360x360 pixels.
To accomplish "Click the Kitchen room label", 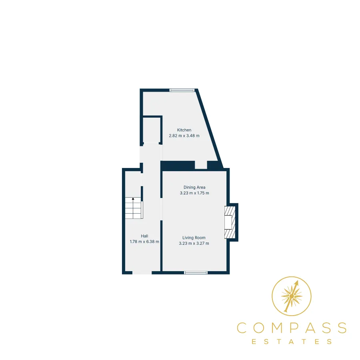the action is click(184, 130).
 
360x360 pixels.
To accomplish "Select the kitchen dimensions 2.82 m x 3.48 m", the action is click(184, 136).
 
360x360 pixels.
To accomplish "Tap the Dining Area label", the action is click(194, 187).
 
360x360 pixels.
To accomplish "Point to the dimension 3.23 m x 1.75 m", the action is click(194, 193).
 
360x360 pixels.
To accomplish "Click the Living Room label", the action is click(194, 238).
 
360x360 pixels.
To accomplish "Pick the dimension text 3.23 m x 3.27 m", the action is click(194, 243).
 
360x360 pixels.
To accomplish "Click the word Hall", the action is click(144, 236).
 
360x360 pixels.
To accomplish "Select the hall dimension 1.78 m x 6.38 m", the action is click(144, 242).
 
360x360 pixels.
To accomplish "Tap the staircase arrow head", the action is click(133, 199).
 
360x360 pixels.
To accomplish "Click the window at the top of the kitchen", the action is click(182, 90).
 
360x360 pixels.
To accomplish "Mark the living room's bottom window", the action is click(196, 272).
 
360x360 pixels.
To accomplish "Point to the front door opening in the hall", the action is click(142, 272).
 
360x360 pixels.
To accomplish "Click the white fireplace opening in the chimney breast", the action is click(228, 222).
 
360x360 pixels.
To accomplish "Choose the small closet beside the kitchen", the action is click(151, 130).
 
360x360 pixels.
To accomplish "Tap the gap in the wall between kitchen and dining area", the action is click(201, 165).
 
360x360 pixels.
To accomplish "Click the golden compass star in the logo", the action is click(292, 296).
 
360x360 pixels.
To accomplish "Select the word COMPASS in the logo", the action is click(292, 328).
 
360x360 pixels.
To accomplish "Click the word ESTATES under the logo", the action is click(292, 342).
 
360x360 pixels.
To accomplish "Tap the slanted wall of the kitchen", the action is click(209, 128).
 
